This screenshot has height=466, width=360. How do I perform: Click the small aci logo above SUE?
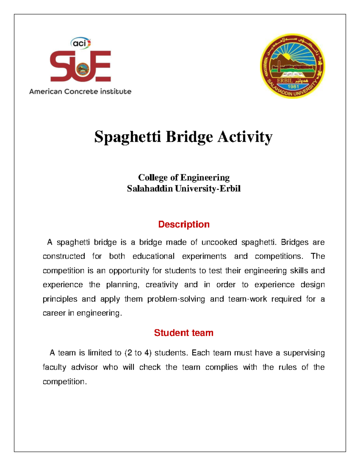[x=80, y=43]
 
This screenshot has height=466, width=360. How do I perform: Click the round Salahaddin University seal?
[x=292, y=66]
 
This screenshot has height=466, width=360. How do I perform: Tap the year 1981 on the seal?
[x=293, y=87]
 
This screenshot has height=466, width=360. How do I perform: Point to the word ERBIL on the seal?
[x=285, y=81]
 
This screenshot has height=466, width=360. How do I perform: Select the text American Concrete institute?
[x=80, y=92]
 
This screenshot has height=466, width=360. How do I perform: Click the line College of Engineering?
[x=184, y=178]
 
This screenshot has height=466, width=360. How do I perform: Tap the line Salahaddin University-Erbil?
[x=184, y=189]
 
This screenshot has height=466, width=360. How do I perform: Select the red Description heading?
[x=184, y=224]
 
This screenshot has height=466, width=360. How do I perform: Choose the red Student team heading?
[x=184, y=333]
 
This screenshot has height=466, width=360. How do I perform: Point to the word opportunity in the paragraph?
[x=129, y=271]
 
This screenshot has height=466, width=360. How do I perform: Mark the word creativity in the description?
[x=162, y=285]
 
